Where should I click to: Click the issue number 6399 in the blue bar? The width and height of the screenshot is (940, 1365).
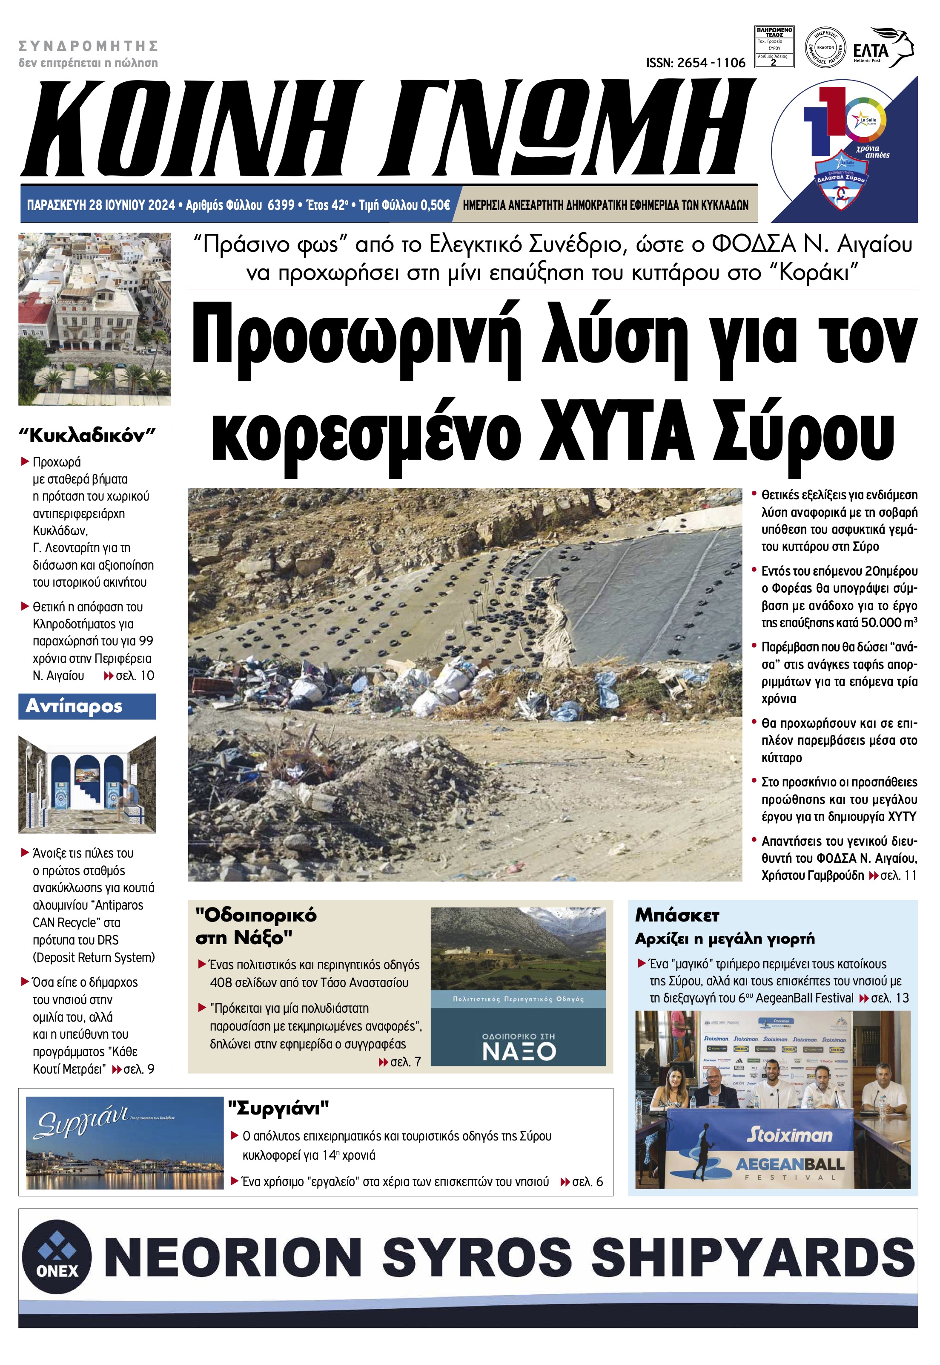pos(281,205)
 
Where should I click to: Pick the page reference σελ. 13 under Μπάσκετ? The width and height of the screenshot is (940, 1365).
pos(889,998)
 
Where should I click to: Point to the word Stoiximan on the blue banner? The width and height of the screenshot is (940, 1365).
pos(789,1135)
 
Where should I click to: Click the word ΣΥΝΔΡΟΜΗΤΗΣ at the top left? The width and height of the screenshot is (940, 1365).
pos(89,46)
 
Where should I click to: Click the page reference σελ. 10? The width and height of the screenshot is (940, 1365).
pos(135,675)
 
